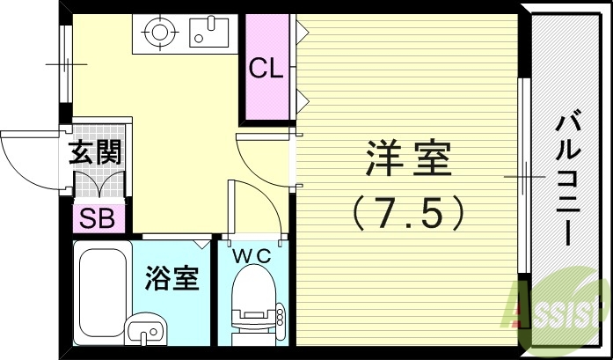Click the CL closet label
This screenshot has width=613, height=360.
pos(266,69)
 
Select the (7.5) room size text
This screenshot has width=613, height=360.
pos(407,210)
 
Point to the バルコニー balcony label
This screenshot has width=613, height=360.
pos(566,180)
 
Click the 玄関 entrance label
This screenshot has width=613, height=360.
pos(95,154)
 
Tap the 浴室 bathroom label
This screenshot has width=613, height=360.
pos(172,279)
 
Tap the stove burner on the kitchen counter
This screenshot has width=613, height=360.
pos(159,33)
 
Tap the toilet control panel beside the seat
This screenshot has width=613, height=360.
pos(280,314)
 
